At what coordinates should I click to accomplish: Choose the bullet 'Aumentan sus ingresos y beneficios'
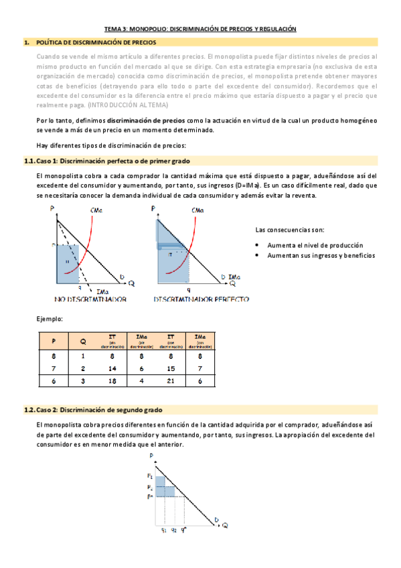(321, 255)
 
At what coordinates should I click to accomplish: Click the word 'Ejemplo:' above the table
(50, 319)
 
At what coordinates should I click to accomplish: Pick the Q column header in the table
(83, 341)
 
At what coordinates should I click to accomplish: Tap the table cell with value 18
(112, 380)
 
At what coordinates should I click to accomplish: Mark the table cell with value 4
(142, 380)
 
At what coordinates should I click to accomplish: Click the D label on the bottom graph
(216, 517)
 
